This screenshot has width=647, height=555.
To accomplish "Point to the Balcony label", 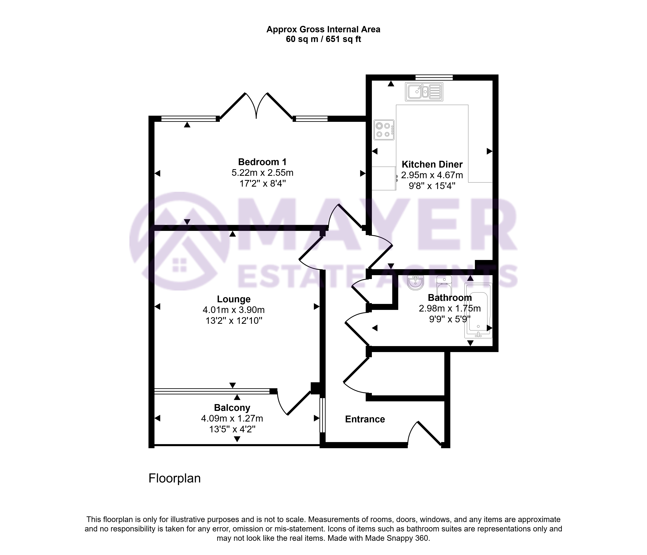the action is pyautogui.click(x=232, y=408).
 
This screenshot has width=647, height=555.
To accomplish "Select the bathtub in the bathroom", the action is pyautogui.click(x=478, y=310).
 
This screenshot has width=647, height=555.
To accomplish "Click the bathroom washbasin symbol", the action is pyautogui.click(x=416, y=283).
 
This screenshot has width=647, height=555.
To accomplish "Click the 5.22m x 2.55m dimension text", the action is pyautogui.click(x=262, y=173).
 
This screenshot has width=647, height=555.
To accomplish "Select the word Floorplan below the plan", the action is pyautogui.click(x=175, y=478).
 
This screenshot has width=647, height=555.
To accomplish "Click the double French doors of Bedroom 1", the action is pyautogui.click(x=256, y=106).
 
